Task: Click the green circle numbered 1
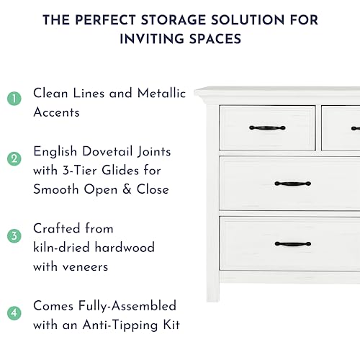coord(14,99)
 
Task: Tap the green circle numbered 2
coord(14,158)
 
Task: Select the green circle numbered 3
coord(14,235)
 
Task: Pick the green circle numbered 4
coord(14,313)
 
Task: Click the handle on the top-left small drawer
coord(267,128)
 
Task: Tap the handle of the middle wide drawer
coord(292,184)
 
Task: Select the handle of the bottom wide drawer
coord(292,245)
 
